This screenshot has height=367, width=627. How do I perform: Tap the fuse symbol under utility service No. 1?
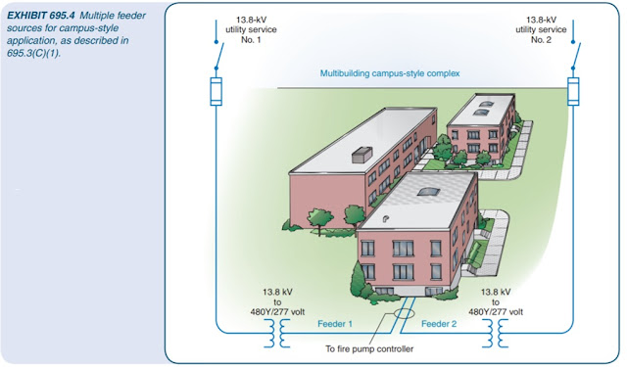pyautogui.click(x=217, y=93)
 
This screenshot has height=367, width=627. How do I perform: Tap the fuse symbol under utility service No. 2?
pyautogui.click(x=574, y=93)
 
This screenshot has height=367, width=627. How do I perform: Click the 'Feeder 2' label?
pyautogui.click(x=440, y=322)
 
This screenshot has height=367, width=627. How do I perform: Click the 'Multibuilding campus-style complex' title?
pyautogui.click(x=390, y=73)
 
